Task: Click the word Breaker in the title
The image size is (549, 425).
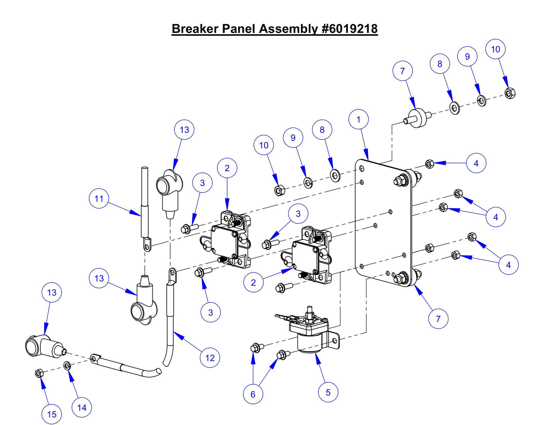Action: tap(195, 29)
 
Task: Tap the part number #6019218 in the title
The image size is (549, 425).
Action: tap(350, 29)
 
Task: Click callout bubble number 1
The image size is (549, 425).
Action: tap(358, 119)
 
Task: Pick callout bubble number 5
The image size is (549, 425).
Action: tap(328, 392)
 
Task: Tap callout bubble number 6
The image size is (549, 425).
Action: tap(253, 394)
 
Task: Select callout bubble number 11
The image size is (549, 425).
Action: tap(99, 199)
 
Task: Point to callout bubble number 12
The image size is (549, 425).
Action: tap(210, 358)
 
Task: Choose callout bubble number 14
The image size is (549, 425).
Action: tap(82, 408)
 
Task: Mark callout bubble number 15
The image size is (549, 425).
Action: tap(52, 414)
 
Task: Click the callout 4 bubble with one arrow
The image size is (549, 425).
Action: tap(476, 163)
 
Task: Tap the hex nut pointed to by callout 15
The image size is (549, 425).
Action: tap(38, 373)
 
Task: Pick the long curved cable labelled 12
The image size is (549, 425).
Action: tap(170, 323)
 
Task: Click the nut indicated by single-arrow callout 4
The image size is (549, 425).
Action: tap(429, 164)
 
